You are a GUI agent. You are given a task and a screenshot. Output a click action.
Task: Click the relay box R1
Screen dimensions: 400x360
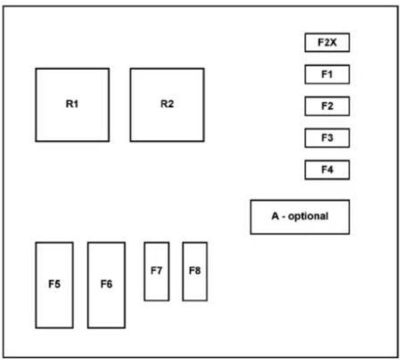pyautogui.click(x=73, y=105)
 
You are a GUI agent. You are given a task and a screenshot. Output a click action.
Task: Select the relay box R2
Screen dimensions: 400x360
pyautogui.click(x=167, y=105)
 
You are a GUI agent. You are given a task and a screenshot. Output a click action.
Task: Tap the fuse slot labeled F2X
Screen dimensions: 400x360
pyautogui.click(x=327, y=43)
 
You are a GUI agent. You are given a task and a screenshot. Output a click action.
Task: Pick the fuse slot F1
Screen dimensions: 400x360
pyautogui.click(x=327, y=74)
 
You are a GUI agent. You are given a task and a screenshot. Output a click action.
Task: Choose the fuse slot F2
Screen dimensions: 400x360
pyautogui.click(x=327, y=106)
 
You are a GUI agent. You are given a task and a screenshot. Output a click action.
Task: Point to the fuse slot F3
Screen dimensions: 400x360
pyautogui.click(x=327, y=138)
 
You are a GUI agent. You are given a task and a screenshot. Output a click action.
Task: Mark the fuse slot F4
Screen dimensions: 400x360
pyautogui.click(x=327, y=170)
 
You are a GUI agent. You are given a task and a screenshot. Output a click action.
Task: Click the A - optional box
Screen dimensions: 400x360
pyautogui.click(x=300, y=217)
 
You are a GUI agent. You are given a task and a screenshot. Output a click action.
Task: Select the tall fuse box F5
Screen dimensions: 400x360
pyautogui.click(x=55, y=285)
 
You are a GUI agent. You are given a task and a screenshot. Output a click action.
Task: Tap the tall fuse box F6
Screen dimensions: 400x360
pyautogui.click(x=107, y=285)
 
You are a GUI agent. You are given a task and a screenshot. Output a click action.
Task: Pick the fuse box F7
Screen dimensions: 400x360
pyautogui.click(x=157, y=271)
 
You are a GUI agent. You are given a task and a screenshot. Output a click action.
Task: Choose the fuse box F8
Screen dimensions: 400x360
pyautogui.click(x=195, y=271)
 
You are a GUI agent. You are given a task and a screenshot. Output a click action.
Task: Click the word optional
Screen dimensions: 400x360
pyautogui.click(x=308, y=217)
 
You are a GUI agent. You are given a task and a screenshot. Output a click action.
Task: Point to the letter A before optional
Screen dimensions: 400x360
pyautogui.click(x=275, y=216)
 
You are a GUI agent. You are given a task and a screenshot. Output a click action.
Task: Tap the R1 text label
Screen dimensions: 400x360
pyautogui.click(x=72, y=104)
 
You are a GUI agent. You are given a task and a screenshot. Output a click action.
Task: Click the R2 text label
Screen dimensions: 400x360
pyautogui.click(x=167, y=104)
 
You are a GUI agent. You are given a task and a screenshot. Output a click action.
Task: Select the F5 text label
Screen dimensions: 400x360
pyautogui.click(x=55, y=284)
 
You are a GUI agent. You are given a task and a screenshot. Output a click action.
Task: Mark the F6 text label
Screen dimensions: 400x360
pyautogui.click(x=107, y=284)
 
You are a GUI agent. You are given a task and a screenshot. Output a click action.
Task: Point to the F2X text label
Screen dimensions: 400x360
pyautogui.click(x=327, y=43)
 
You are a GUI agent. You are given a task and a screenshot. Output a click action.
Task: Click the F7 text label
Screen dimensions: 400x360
pyautogui.click(x=157, y=271)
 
